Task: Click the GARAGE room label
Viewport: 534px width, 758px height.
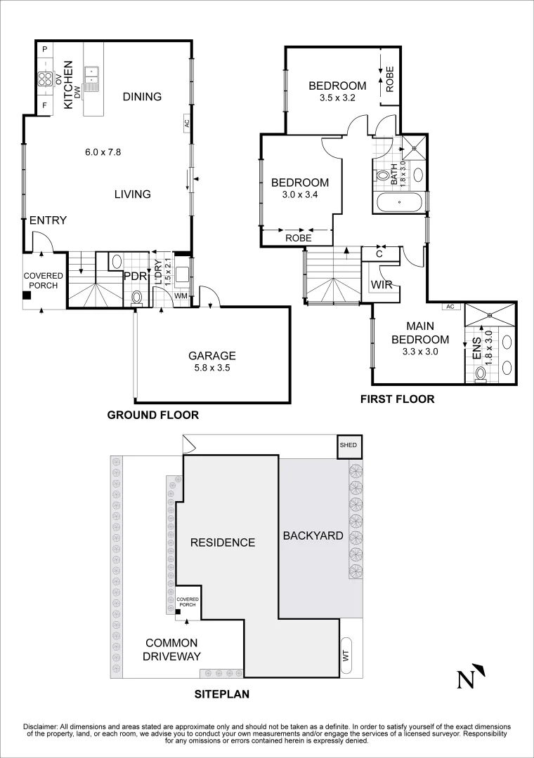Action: click(212, 356)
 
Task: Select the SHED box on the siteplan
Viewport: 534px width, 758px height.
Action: click(348, 446)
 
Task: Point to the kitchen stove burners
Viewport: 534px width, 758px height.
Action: click(46, 79)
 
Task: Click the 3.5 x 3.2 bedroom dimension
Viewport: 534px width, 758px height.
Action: click(337, 98)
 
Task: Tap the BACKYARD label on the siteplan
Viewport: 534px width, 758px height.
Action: click(313, 536)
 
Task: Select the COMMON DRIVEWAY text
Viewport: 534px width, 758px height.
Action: click(173, 650)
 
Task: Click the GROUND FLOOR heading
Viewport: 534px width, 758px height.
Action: click(152, 415)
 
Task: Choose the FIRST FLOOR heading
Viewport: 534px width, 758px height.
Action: click(397, 399)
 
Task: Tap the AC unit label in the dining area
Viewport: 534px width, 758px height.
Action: click(186, 122)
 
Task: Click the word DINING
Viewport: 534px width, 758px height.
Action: click(142, 97)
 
